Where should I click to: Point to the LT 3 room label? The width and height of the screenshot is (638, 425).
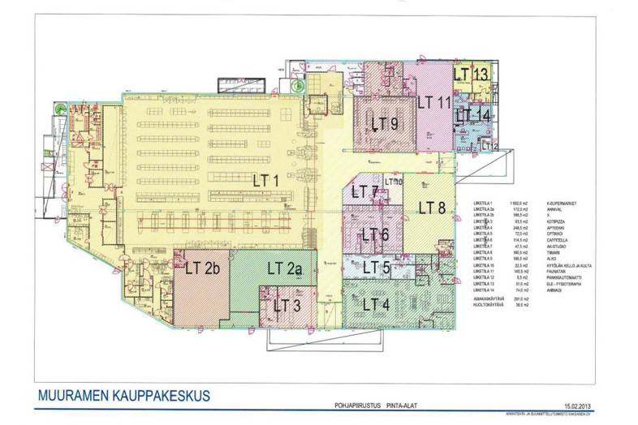tap(287, 306)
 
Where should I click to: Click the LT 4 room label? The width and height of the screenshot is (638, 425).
tap(375, 305)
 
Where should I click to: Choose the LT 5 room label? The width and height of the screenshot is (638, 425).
tap(376, 268)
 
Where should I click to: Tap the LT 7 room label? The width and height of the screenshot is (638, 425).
tap(363, 192)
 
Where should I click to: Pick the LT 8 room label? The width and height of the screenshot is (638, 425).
tap(432, 206)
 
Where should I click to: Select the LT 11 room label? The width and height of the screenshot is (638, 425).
tap(433, 102)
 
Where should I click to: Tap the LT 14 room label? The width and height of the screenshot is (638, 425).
tap(472, 115)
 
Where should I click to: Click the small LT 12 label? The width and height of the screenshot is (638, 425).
tap(490, 146)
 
